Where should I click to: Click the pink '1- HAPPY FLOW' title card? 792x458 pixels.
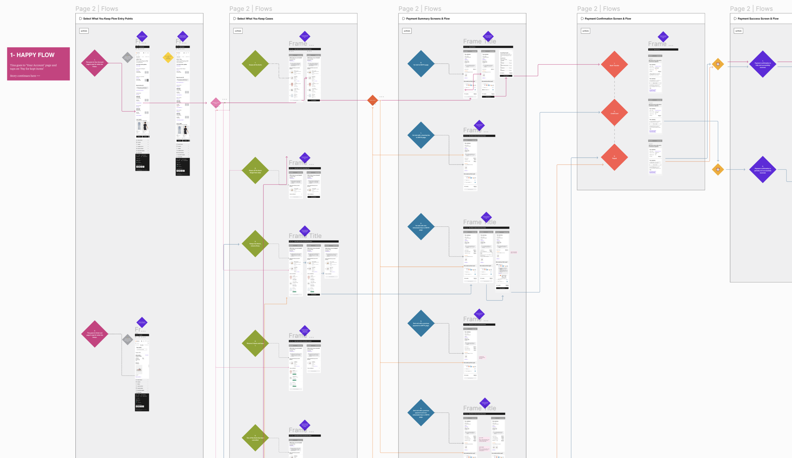pyautogui.click(x=38, y=64)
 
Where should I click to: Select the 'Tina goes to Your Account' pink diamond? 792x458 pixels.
pyautogui.click(x=94, y=63)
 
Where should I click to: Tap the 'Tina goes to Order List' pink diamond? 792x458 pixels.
pyautogui.click(x=94, y=334)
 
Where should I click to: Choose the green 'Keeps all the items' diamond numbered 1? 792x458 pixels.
pyautogui.click(x=255, y=64)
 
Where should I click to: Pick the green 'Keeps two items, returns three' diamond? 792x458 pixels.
pyautogui.click(x=255, y=244)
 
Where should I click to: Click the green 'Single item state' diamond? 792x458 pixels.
pyautogui.click(x=255, y=170)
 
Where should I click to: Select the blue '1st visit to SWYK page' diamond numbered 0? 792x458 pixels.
pyautogui.click(x=421, y=64)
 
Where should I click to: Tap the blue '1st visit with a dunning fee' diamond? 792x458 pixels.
pyautogui.click(x=421, y=135)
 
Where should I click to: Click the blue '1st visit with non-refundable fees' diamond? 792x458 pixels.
pyautogui.click(x=421, y=227)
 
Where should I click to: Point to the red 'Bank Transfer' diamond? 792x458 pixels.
pyautogui.click(x=614, y=65)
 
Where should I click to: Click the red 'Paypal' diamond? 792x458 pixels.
pyautogui.click(x=614, y=157)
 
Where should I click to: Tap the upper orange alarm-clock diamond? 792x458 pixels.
pyautogui.click(x=718, y=64)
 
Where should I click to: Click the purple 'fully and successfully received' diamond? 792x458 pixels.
pyautogui.click(x=762, y=64)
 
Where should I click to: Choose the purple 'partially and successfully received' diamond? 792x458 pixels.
pyautogui.click(x=762, y=170)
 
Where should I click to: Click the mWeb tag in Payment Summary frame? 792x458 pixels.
pyautogui.click(x=407, y=31)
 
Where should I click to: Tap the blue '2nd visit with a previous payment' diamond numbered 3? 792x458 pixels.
pyautogui.click(x=421, y=324)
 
